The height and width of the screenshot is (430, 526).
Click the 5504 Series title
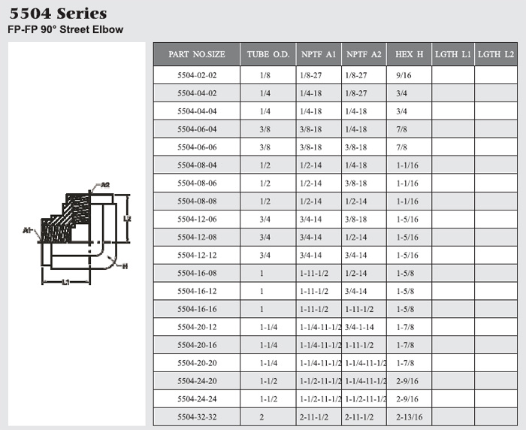(x=58, y=14)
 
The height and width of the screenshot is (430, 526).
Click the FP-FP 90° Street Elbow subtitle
(x=65, y=29)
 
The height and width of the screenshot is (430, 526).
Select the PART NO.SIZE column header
(x=197, y=54)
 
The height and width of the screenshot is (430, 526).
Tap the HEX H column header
(x=409, y=54)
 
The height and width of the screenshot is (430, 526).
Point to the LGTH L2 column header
(x=496, y=54)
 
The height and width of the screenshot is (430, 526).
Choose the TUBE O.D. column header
(x=268, y=54)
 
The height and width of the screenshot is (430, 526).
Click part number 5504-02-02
(x=197, y=75)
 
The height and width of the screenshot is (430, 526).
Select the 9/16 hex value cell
(x=404, y=75)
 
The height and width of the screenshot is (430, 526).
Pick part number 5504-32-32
(x=197, y=417)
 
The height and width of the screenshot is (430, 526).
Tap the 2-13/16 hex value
(x=410, y=417)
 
